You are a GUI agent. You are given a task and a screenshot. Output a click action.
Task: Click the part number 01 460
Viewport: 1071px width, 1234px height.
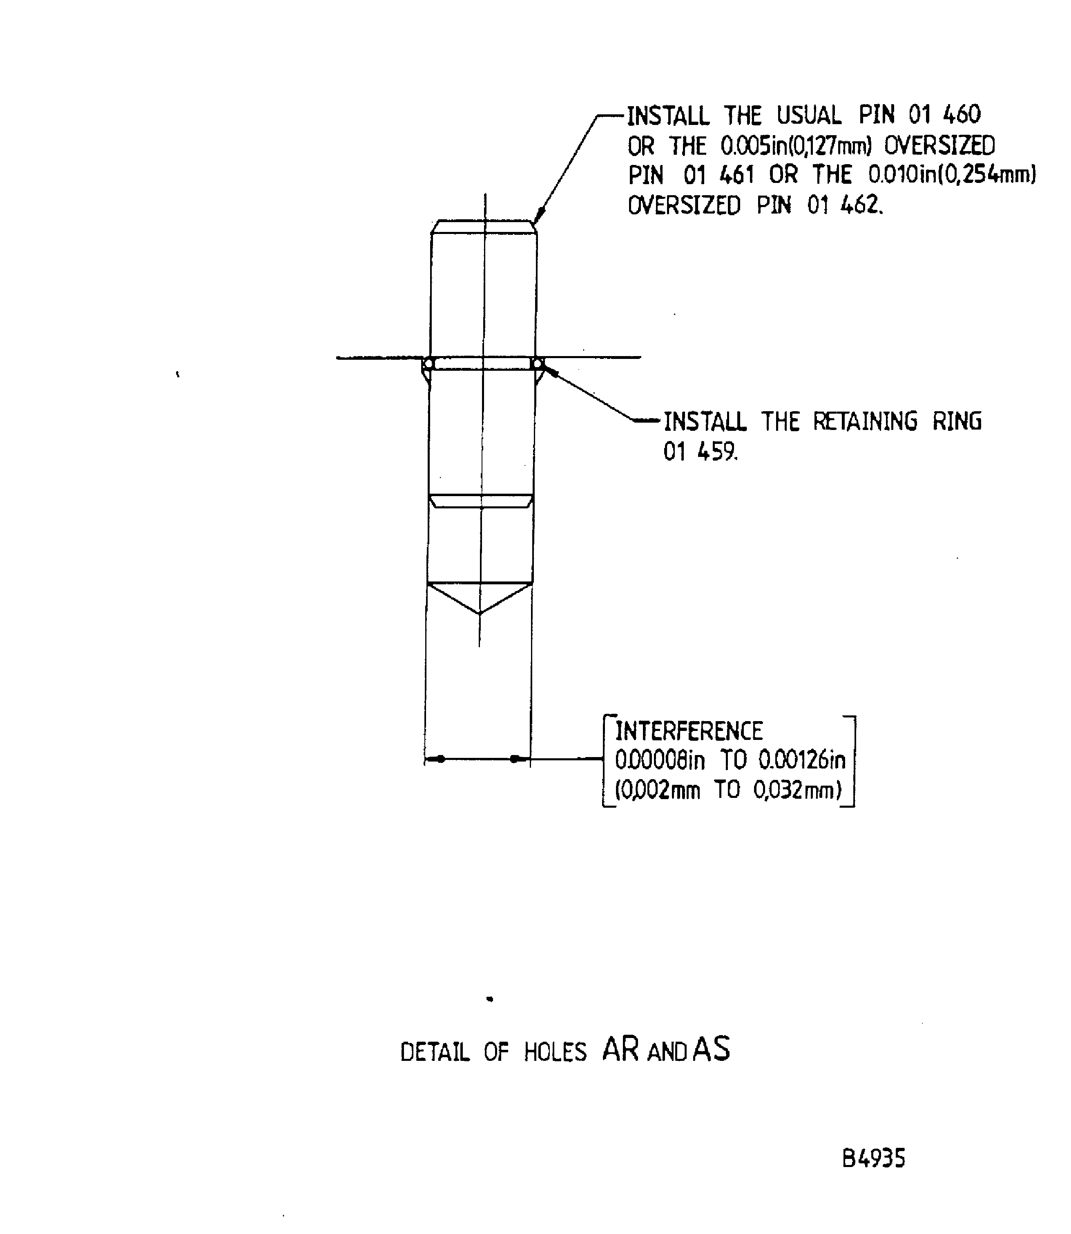[944, 114]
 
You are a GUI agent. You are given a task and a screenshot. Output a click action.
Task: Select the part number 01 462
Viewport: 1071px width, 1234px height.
[844, 205]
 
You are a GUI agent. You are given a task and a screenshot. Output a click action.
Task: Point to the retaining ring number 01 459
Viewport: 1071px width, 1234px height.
[701, 452]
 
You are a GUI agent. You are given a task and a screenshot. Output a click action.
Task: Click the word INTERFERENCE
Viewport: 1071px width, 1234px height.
[689, 731]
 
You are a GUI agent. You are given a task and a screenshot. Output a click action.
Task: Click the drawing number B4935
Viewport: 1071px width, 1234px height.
[873, 1159]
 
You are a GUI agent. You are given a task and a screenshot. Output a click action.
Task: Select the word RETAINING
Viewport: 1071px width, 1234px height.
[865, 421]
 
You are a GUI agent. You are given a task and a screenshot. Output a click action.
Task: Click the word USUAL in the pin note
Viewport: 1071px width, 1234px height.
[809, 115]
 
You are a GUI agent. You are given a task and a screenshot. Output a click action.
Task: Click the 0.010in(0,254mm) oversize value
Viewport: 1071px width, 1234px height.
[951, 175]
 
